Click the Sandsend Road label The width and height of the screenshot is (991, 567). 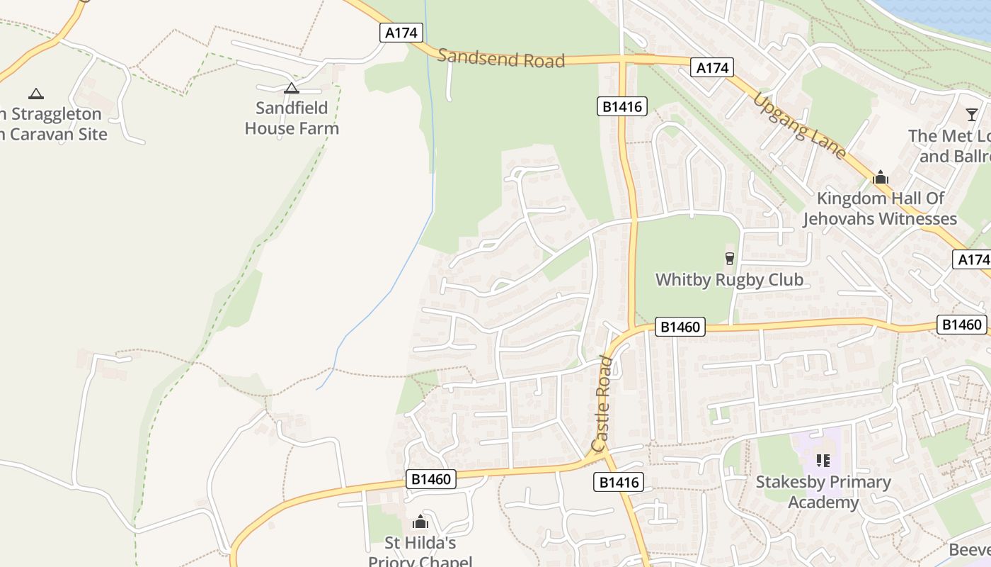point(501,59)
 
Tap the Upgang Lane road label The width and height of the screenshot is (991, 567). point(799,125)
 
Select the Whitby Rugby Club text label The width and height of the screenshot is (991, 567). point(729,279)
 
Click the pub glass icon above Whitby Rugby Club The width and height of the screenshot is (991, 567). point(730,258)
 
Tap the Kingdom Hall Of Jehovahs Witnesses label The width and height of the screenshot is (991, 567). point(880,208)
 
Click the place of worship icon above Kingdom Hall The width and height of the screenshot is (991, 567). point(881,177)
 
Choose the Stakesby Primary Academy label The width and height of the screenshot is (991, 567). point(823,492)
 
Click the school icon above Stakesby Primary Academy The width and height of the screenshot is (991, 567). point(823,461)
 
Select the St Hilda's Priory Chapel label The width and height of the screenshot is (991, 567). point(420,552)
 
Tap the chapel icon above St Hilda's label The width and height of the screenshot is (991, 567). point(420,522)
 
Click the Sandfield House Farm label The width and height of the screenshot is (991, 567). point(292,118)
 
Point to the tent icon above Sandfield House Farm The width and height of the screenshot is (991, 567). point(291,89)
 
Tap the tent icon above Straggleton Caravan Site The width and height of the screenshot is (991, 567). point(35,93)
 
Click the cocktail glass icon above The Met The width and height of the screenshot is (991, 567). point(972,114)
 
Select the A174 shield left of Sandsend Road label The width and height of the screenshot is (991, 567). point(401,33)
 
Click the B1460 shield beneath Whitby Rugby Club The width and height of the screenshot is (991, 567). point(680,327)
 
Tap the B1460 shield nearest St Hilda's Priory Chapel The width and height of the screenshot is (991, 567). point(431,479)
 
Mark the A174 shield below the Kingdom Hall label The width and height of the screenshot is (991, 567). point(973,259)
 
